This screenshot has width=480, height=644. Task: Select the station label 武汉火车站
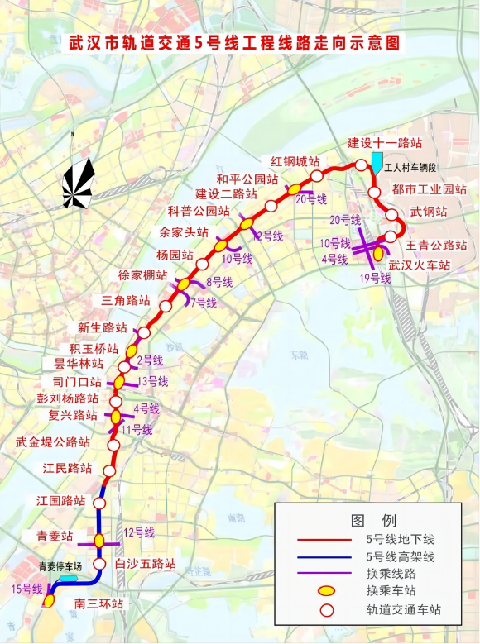[420, 265]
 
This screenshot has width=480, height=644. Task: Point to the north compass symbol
[79, 184]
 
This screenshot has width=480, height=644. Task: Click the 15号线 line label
[26, 589]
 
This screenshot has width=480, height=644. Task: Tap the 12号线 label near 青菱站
[139, 532]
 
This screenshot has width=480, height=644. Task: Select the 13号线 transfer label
[152, 381]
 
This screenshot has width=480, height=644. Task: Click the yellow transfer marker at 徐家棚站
[184, 285]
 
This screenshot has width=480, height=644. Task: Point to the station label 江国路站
[61, 501]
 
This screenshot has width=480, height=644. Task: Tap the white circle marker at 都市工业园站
[375, 192]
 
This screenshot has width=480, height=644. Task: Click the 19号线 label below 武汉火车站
[375, 279]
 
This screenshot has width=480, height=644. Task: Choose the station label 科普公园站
[198, 211]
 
